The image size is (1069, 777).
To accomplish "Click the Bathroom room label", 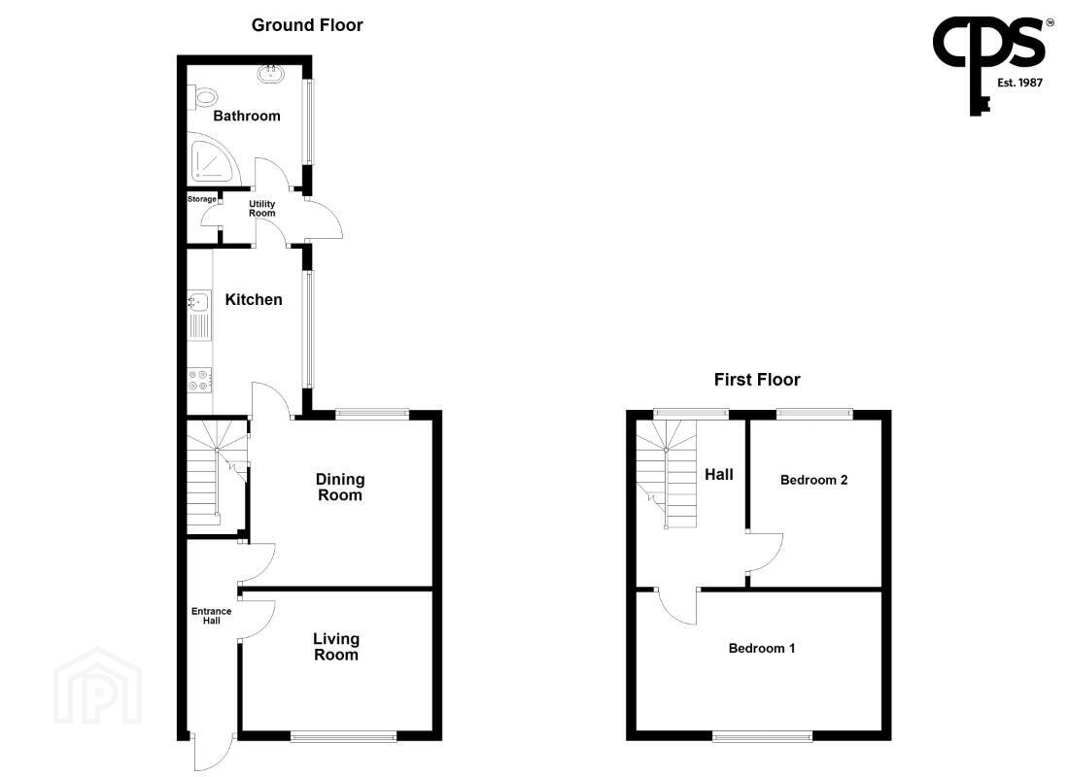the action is point(247,116).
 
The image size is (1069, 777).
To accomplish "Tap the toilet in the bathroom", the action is point(201,97).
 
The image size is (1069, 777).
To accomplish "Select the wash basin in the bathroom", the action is point(271,73).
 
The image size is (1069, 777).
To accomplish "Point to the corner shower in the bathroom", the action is point(214,161).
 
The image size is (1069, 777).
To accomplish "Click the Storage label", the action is point(202,199).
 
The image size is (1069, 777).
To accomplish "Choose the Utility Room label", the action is point(261,209).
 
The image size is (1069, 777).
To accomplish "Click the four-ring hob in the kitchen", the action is point(200,380).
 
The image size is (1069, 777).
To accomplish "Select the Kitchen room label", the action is point(254,299).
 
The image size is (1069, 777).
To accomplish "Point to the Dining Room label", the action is point(339,488).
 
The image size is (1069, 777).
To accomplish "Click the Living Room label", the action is point(336,647).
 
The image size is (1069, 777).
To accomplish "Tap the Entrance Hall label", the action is point(211,616).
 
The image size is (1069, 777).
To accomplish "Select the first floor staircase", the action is point(666,474).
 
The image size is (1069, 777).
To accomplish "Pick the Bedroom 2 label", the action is point(814,480).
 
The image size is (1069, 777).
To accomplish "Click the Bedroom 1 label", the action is point(762,648).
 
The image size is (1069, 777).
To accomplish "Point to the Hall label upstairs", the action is point(718,474).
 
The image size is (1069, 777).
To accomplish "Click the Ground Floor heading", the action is point(307,25).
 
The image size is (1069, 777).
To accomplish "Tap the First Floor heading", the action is point(757,380).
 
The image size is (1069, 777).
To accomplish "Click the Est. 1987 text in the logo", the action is point(1019,83).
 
